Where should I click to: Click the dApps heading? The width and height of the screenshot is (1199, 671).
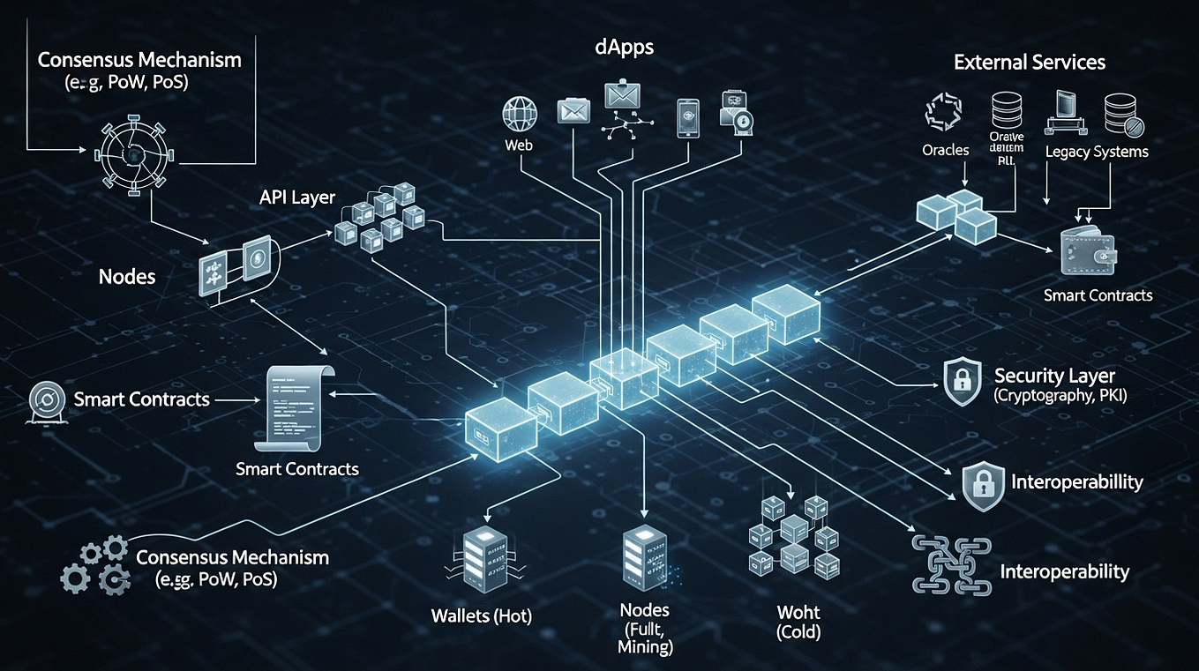(624, 48)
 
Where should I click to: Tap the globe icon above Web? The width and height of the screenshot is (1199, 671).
(519, 114)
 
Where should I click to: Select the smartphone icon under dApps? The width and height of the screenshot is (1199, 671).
(688, 117)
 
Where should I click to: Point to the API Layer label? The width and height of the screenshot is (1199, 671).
(297, 196)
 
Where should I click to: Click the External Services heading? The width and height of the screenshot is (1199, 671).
(1029, 63)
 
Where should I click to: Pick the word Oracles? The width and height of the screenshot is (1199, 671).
(946, 151)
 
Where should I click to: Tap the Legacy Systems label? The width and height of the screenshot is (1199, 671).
(1096, 152)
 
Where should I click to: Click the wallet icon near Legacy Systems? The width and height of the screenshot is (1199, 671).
(1088, 250)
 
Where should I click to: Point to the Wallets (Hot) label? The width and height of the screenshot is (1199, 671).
(481, 615)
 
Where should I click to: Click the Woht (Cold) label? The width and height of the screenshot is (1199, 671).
(798, 622)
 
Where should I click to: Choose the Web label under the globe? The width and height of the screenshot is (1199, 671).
(519, 145)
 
